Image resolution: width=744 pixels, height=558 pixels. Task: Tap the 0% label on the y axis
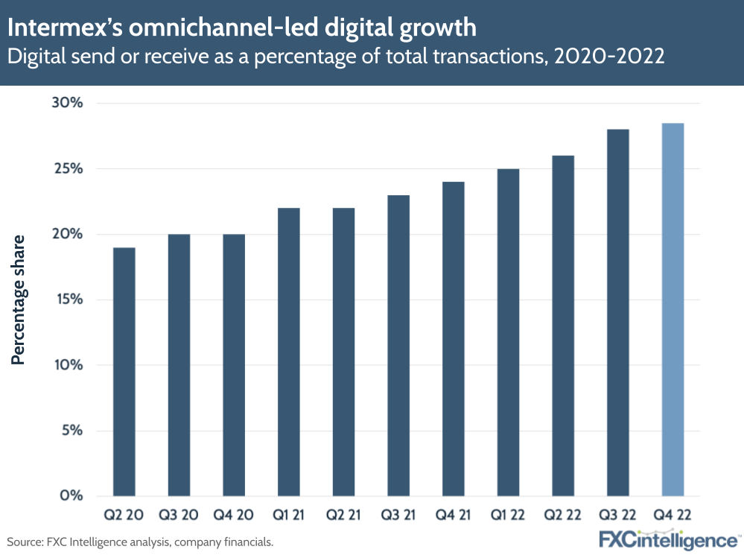(71, 495)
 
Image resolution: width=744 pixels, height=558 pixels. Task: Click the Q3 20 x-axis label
(179, 516)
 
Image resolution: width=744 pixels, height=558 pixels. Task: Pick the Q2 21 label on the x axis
(343, 516)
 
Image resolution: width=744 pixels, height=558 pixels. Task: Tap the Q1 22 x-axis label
(508, 516)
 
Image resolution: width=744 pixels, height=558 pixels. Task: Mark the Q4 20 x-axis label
(233, 516)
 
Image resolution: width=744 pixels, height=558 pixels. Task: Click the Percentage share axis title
(19, 299)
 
